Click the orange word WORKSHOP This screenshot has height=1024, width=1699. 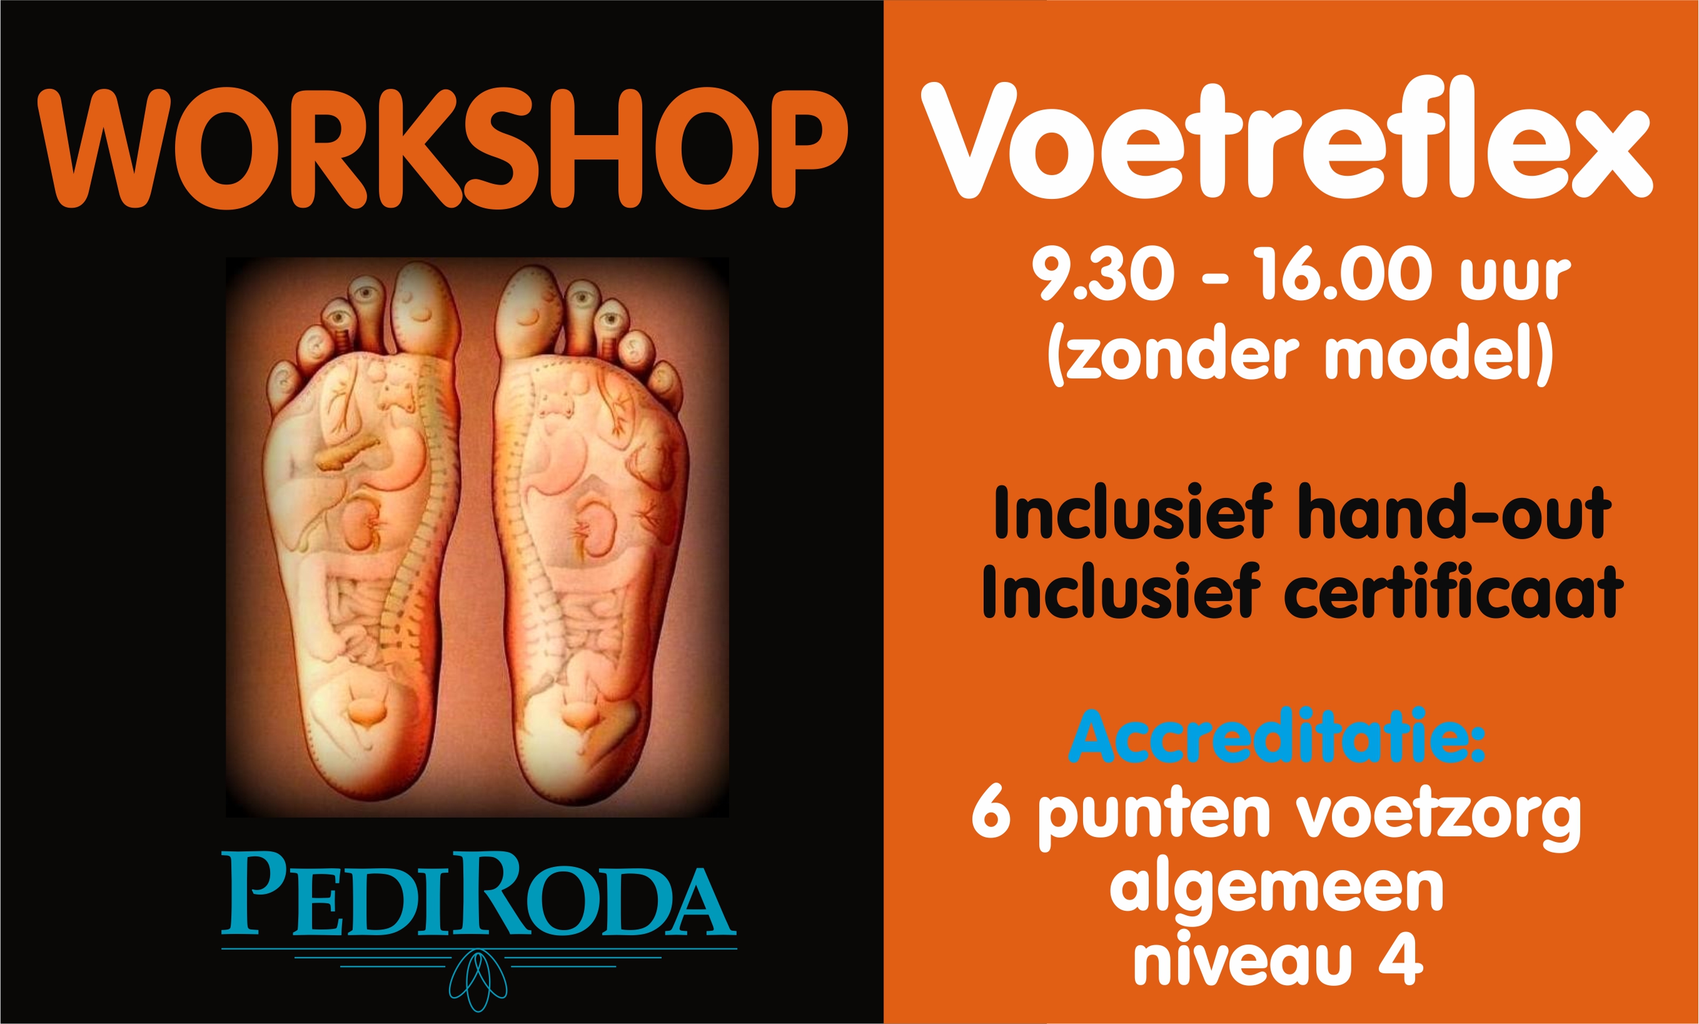click(x=441, y=148)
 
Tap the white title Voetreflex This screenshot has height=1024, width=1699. click(x=1286, y=144)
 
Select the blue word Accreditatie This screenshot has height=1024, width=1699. click(x=1276, y=738)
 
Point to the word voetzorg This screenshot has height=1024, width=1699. click(x=1438, y=817)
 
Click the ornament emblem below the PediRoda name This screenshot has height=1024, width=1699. click(x=478, y=979)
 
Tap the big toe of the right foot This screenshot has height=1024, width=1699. click(x=529, y=310)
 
